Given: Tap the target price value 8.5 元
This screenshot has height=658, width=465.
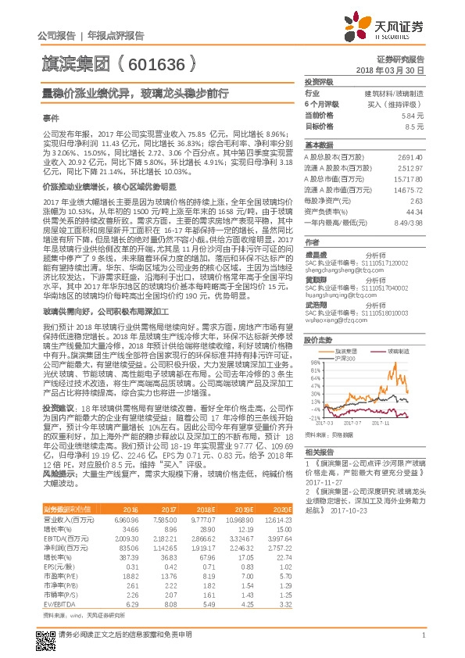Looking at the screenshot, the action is pos(416,126).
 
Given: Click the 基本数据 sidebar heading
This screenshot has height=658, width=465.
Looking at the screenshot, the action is pos(318,145).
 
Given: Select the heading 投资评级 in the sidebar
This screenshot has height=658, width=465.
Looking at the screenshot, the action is pos(318,81).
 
